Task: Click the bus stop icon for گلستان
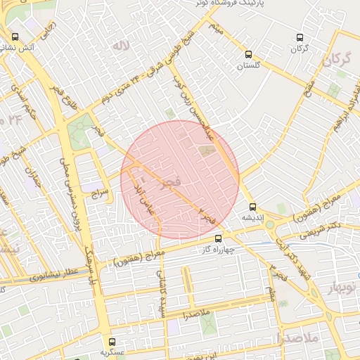pos(248,54)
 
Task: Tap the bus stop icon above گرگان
pos(300,37)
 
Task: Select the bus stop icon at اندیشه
pos(253,207)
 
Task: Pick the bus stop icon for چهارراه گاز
pos(218,239)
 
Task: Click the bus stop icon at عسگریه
pos(112,341)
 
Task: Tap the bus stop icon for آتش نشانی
pos(15,37)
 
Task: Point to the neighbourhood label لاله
pos(125,48)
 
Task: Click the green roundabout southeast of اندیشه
pos(270,225)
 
